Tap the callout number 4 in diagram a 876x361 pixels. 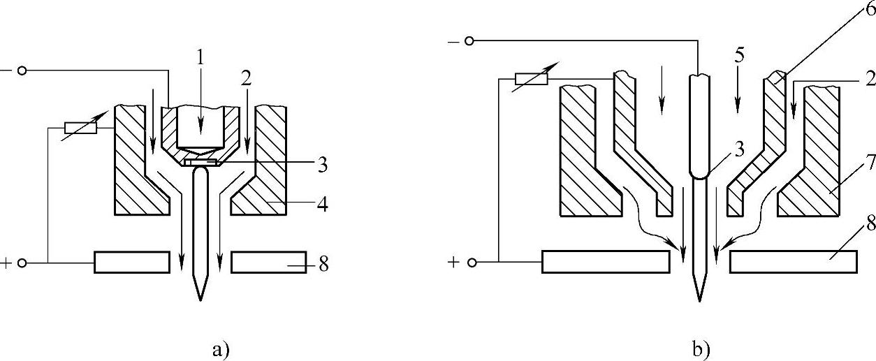[323, 205]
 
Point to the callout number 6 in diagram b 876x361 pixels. [868, 9]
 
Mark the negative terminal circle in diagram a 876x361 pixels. [22, 71]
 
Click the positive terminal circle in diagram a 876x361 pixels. [22, 263]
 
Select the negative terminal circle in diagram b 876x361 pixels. [469, 41]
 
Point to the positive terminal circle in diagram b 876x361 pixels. [472, 263]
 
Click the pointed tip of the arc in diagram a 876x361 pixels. [200, 299]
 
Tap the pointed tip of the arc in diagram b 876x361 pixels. [699, 300]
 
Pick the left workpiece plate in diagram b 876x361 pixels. [606, 262]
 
